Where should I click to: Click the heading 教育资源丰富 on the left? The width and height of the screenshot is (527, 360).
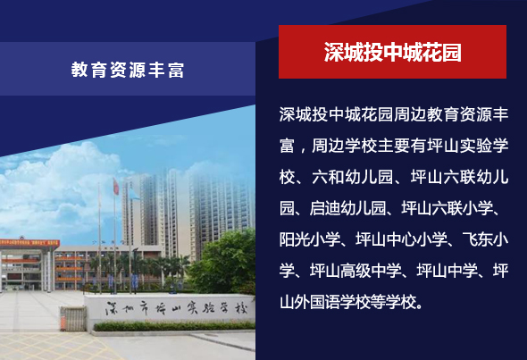pyautogui.click(x=128, y=70)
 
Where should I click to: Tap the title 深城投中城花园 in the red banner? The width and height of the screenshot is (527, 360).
pyautogui.click(x=392, y=52)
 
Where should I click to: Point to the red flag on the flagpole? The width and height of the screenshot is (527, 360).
pyautogui.click(x=116, y=187)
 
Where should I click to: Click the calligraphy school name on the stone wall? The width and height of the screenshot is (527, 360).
pyautogui.click(x=176, y=308)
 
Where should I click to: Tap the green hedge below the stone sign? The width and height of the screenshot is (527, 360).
pyautogui.click(x=174, y=326)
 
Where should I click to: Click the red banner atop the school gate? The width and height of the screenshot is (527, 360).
pyautogui.click(x=29, y=243)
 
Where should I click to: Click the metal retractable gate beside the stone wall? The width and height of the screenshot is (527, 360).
pyautogui.click(x=74, y=318)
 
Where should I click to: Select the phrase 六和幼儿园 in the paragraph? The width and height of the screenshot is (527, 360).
pyautogui.click(x=352, y=177)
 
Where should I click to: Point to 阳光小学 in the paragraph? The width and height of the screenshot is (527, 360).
pyautogui.click(x=310, y=239)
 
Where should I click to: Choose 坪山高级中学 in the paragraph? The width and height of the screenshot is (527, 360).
pyautogui.click(x=356, y=271)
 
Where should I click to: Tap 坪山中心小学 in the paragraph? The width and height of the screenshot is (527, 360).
pyautogui.click(x=401, y=239)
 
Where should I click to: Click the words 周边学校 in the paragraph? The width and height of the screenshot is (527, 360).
pyautogui.click(x=344, y=146)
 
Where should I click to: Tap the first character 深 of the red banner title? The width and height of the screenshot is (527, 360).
pyautogui.click(x=334, y=52)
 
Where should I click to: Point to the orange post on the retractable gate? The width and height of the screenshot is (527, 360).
pyautogui.click(x=63, y=319)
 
